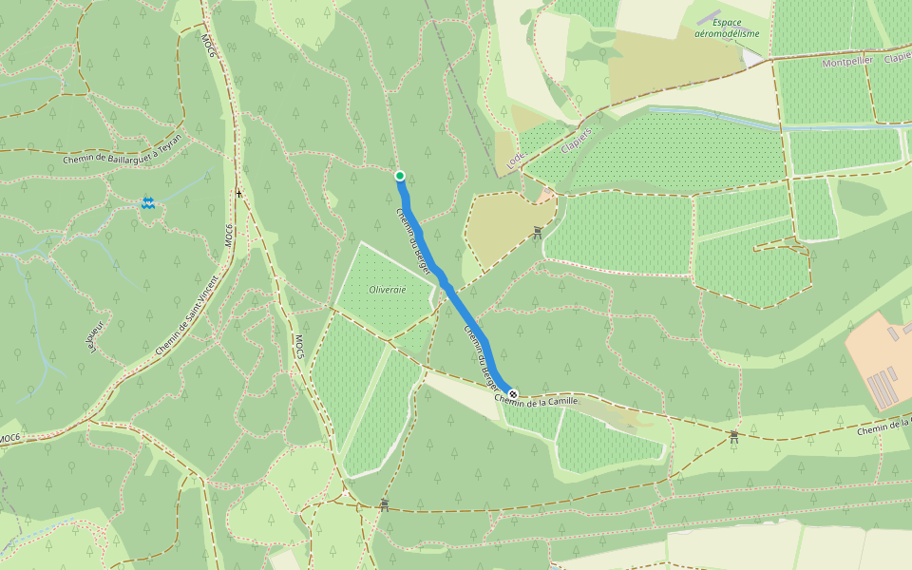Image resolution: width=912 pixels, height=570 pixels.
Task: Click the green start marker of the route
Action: tap(400, 176)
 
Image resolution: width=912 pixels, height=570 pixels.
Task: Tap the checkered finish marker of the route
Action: tap(513, 393)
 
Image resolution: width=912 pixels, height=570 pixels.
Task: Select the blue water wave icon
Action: tap(148, 203)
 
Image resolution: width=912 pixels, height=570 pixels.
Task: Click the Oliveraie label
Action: tap(387, 289)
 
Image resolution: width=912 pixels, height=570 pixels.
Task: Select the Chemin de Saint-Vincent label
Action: tap(187, 315)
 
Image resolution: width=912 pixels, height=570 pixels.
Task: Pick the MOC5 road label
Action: tap(297, 347)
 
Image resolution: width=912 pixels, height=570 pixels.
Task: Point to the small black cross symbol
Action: tap(239, 194)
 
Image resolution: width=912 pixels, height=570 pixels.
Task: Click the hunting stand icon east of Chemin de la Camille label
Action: tap(734, 436)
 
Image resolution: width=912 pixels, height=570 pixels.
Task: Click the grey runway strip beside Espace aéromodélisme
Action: tap(708, 18)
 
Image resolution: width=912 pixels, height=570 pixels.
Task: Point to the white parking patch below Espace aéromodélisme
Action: tap(752, 57)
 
